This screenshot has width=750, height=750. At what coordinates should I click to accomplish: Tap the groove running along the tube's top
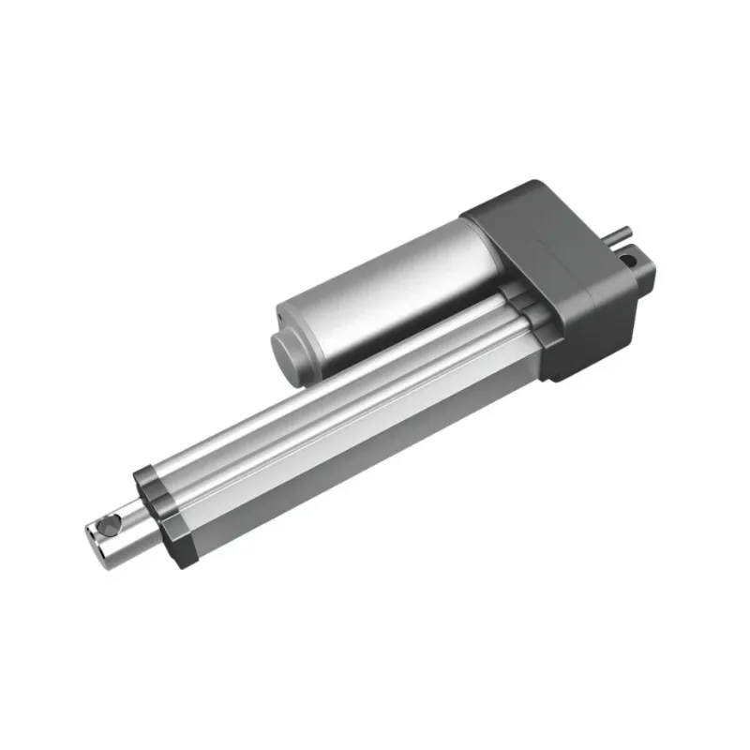(x=337, y=394)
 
